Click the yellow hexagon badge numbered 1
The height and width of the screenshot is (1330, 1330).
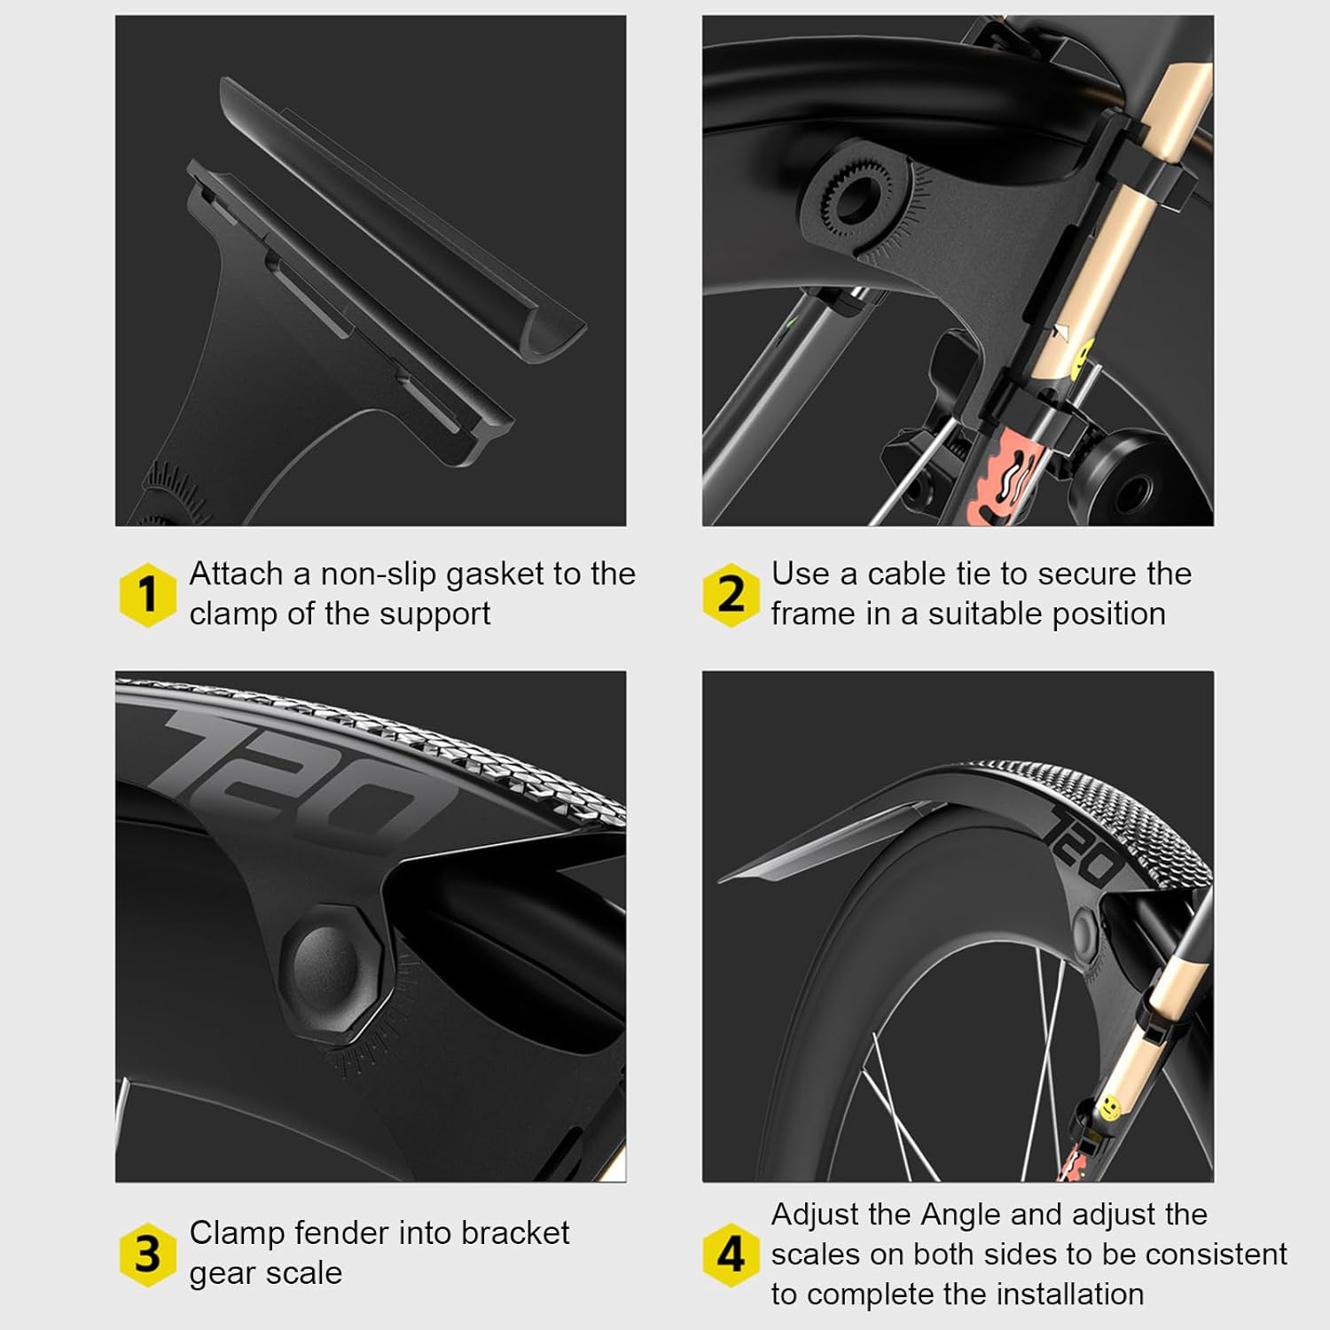(x=147, y=594)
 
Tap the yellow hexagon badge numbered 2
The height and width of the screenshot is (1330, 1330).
(x=730, y=594)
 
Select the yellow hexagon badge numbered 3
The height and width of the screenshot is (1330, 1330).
(x=147, y=1254)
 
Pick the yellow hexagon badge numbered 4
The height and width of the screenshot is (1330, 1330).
(x=730, y=1254)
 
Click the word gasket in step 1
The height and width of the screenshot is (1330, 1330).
(x=494, y=575)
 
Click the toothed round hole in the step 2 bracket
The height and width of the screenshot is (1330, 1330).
(x=851, y=196)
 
